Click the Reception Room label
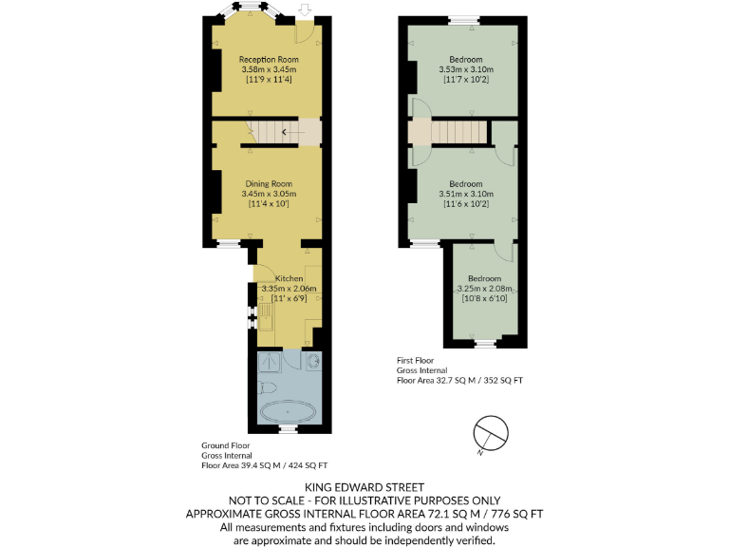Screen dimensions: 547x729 click(x=269, y=59)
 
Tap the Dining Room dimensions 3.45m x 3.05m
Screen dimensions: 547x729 click(x=269, y=194)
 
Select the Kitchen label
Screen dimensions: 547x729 click(x=289, y=278)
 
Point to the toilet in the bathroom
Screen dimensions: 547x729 click(x=266, y=387)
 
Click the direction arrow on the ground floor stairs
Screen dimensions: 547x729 click(x=285, y=132)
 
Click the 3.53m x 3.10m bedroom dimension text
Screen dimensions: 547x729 click(x=466, y=69)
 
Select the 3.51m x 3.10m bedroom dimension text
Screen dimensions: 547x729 click(x=466, y=194)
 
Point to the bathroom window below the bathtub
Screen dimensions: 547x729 click(x=288, y=430)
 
